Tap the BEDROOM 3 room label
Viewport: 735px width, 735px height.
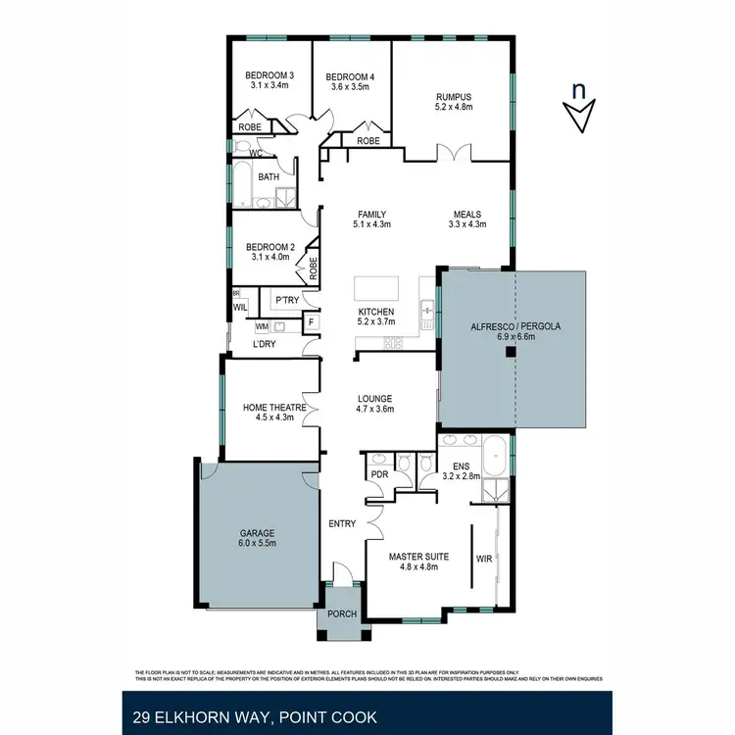coord(269,75)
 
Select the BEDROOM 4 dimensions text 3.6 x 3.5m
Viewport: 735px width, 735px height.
coord(350,86)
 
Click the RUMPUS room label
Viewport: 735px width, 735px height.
coord(454,96)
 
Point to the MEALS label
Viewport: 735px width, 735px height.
coord(466,214)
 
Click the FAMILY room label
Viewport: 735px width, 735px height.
coord(371,214)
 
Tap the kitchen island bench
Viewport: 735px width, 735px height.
coord(377,289)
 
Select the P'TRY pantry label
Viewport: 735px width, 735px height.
coord(286,300)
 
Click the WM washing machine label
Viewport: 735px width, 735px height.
coord(262,325)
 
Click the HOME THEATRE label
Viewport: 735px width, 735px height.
coord(275,408)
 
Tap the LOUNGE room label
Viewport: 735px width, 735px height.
coord(374,399)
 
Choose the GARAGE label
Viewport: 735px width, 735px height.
coord(258,533)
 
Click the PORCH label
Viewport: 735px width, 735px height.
coord(343,614)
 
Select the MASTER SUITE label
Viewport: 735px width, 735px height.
coord(418,557)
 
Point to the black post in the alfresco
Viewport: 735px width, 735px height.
coord(511,356)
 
